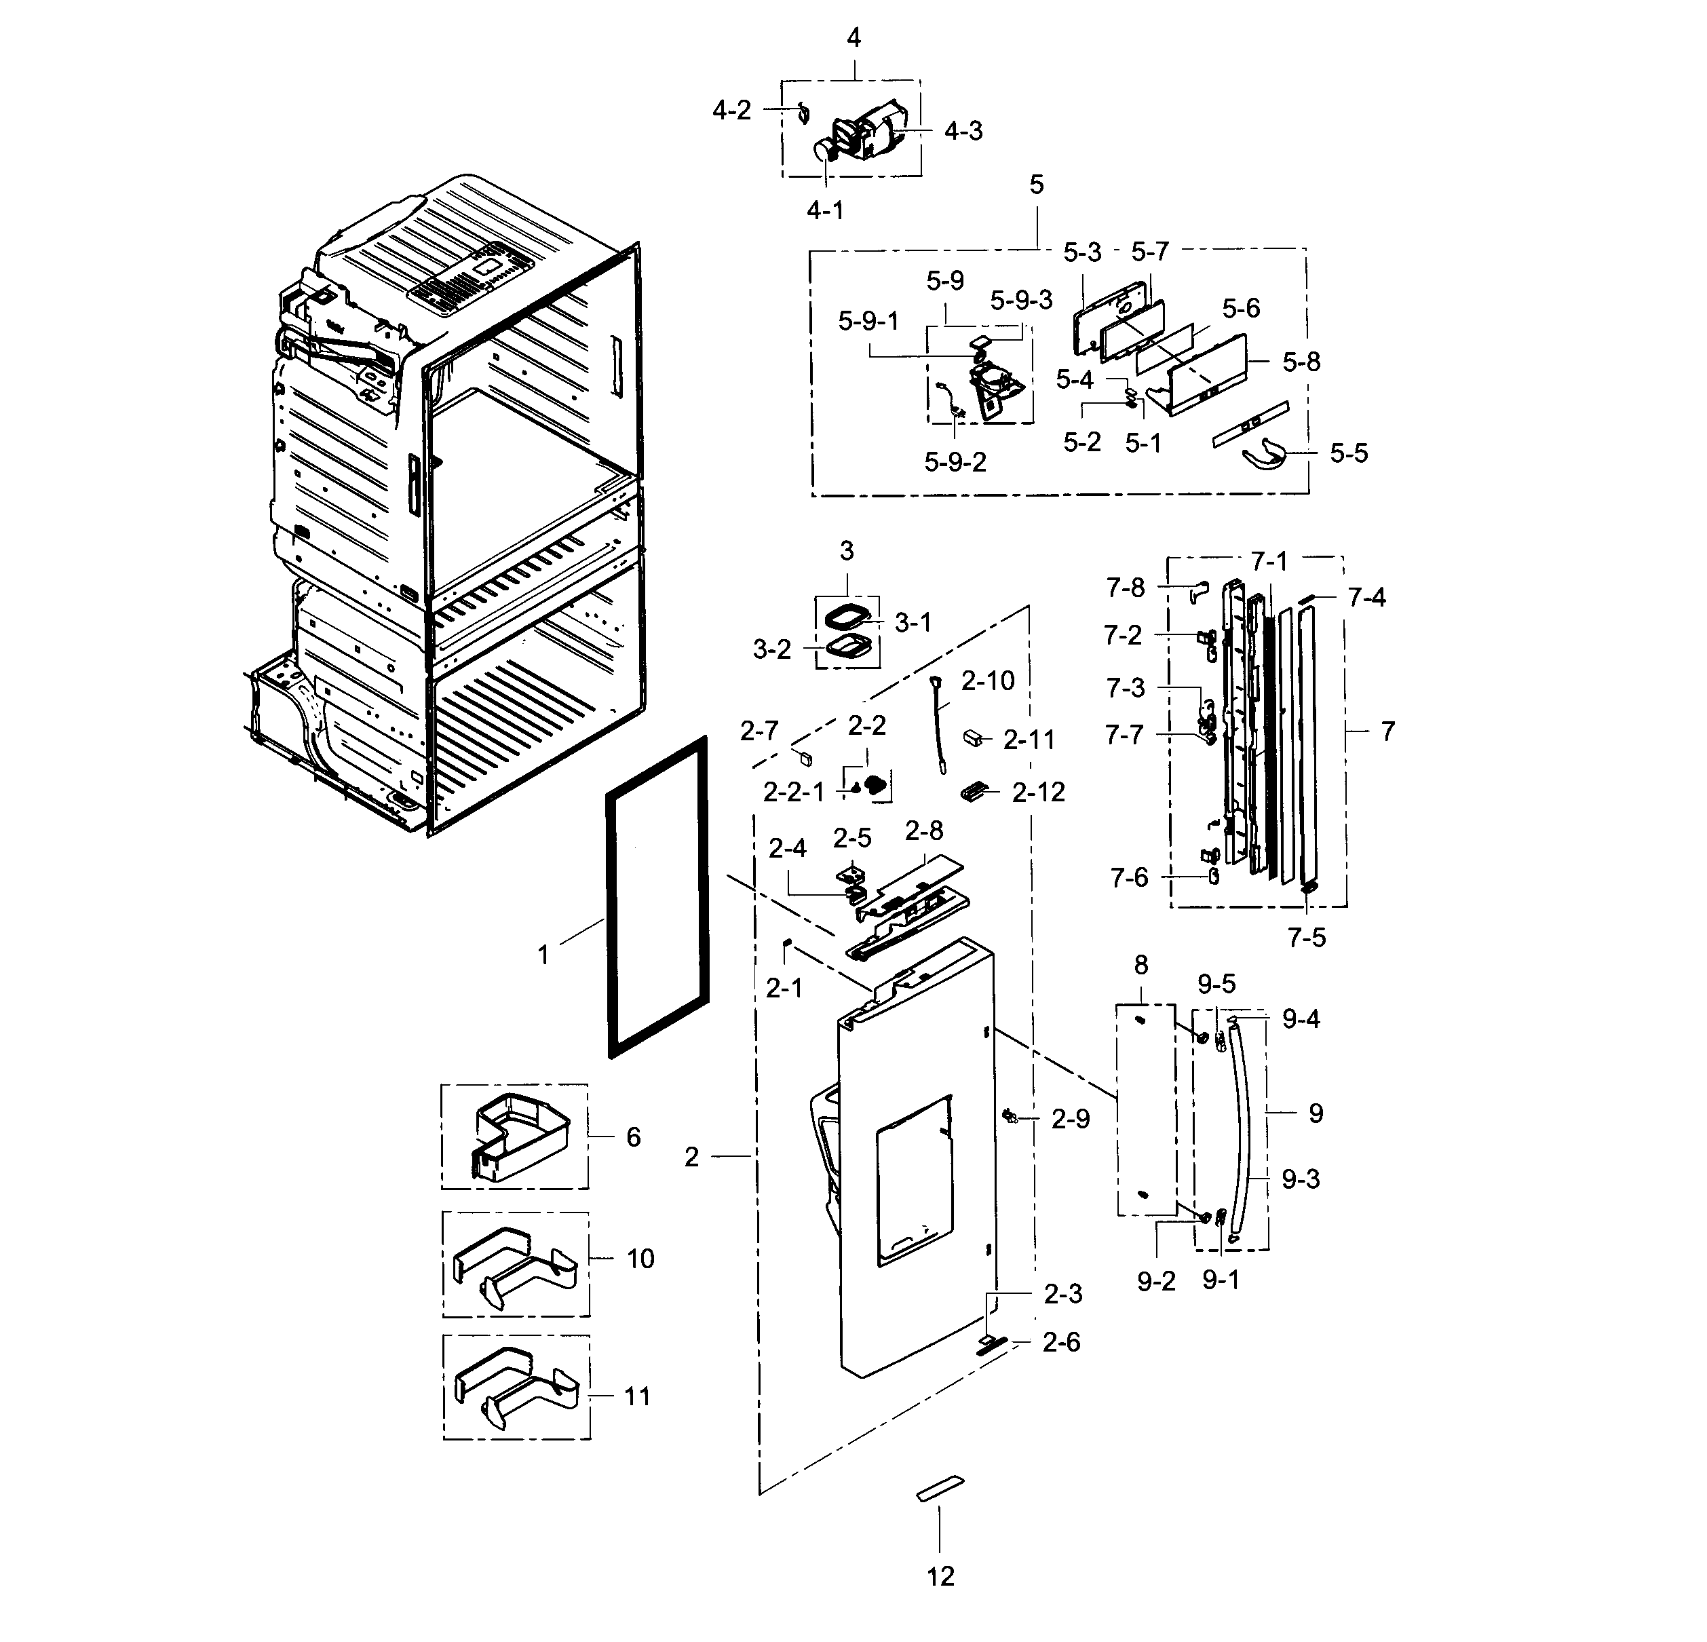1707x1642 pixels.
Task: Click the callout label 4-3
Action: coord(963,132)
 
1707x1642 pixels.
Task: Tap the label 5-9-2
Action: coord(955,463)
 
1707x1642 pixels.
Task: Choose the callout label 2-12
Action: coord(1038,793)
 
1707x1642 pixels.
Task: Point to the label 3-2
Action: coord(771,650)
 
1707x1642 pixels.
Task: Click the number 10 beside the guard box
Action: coord(640,1259)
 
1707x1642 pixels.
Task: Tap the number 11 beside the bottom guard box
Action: coord(638,1397)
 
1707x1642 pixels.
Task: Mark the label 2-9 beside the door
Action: coord(1071,1120)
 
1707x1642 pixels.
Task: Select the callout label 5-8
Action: coord(1301,362)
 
